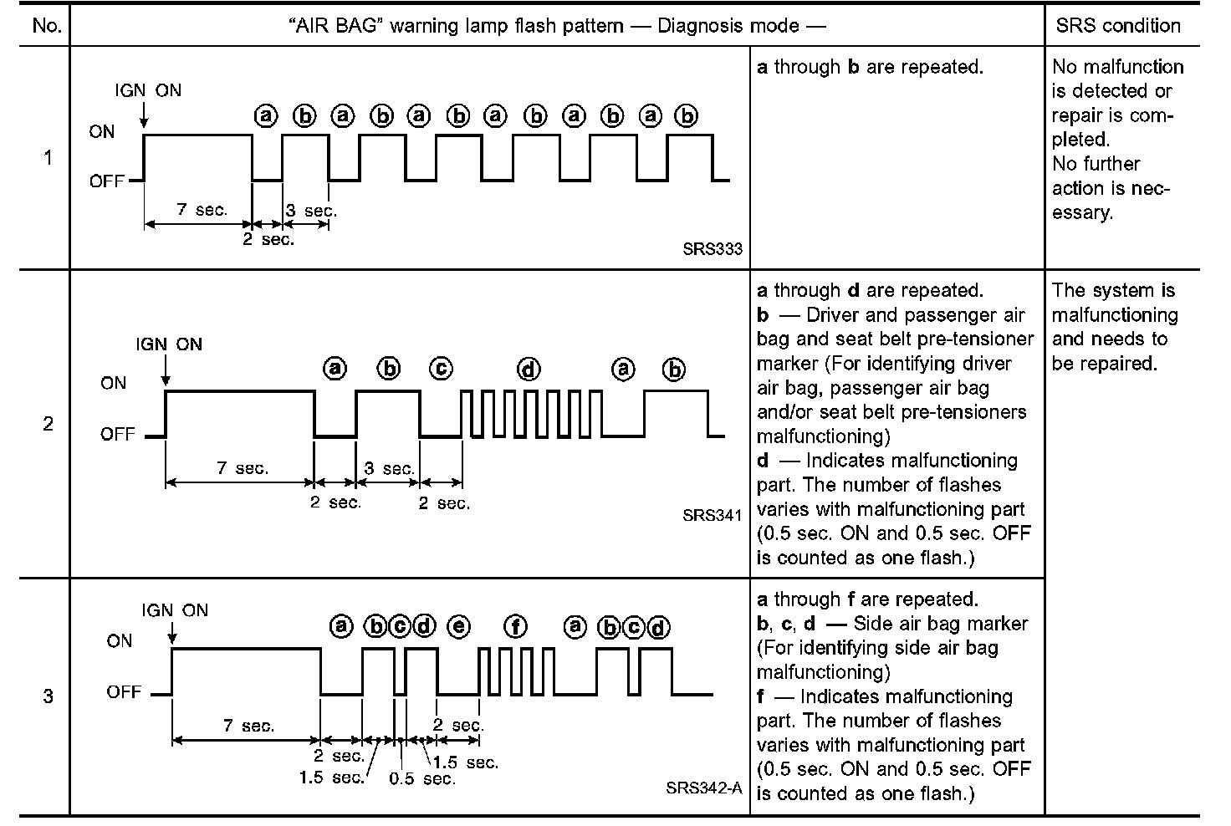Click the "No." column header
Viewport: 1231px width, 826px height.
coord(47,25)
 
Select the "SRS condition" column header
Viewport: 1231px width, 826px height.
coord(1117,25)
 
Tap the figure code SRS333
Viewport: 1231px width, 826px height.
coord(712,249)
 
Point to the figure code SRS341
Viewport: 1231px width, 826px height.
coord(712,515)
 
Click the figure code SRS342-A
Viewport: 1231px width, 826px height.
coord(704,788)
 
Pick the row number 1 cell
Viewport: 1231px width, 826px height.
coord(48,158)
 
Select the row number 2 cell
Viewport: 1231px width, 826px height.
coord(48,424)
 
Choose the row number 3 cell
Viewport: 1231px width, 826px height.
coord(48,696)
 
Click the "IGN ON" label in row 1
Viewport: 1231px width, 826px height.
coord(148,90)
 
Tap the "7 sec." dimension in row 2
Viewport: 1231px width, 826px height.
coord(243,468)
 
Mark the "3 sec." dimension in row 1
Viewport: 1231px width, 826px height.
coord(311,211)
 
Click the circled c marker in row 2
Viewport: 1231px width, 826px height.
coord(441,369)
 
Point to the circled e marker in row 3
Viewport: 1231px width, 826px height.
coord(458,626)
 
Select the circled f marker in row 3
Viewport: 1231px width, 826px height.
coord(516,626)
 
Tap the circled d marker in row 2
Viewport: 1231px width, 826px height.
coord(529,369)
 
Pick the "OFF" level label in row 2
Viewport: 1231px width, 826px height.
coord(117,434)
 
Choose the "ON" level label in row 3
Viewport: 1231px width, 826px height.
coord(120,641)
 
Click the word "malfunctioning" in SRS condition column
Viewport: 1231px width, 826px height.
coord(1115,315)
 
